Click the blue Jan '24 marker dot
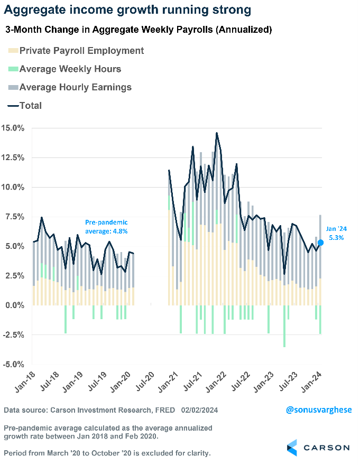(x=320, y=243)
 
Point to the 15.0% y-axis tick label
(x=12, y=128)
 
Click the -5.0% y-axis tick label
(x=12, y=365)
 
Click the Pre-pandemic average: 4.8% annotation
(x=106, y=227)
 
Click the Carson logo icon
(x=292, y=447)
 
